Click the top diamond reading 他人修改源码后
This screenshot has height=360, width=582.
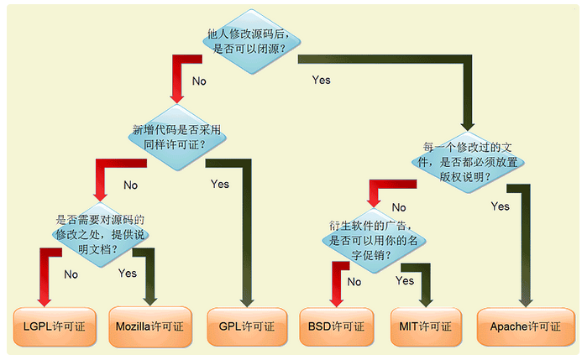(252, 41)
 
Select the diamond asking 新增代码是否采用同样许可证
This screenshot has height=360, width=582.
(177, 137)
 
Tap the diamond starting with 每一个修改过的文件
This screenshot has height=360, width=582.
(468, 163)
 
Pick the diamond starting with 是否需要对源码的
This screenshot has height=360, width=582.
(101, 235)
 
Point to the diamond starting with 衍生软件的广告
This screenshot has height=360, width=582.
(374, 241)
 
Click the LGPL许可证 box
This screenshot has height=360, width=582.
(55, 326)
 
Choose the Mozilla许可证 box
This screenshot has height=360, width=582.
(150, 326)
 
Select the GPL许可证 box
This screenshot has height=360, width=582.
(247, 326)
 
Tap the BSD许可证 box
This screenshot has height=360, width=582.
(337, 326)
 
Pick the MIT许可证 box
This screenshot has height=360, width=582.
(426, 326)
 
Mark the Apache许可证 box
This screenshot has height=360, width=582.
(526, 326)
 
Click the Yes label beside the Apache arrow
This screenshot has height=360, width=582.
(500, 206)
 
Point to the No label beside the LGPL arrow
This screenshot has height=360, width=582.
(71, 274)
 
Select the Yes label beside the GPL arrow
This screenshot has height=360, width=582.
(220, 185)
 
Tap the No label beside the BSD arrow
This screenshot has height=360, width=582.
(354, 282)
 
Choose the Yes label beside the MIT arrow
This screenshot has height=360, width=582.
(405, 280)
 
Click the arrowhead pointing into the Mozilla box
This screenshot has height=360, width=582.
(150, 301)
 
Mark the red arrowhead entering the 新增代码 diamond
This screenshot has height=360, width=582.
(177, 98)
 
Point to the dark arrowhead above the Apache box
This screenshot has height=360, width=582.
(526, 302)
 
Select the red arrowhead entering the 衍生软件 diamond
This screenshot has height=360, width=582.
(374, 203)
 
